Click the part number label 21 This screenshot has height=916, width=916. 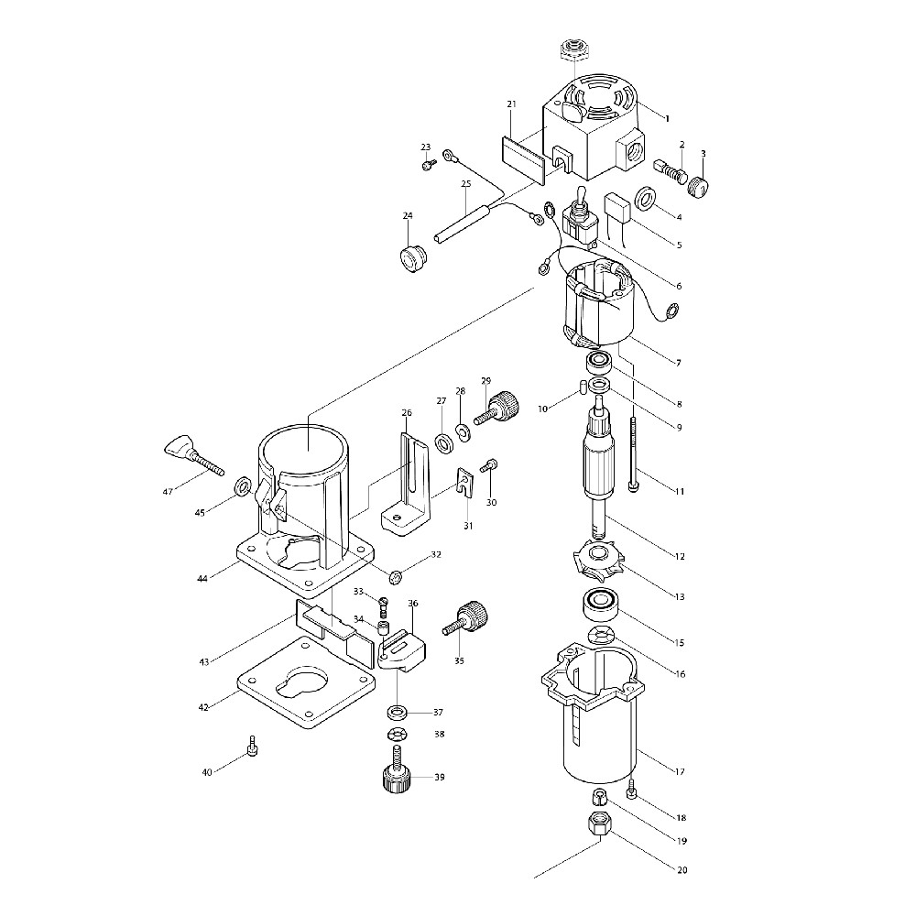pos(512,104)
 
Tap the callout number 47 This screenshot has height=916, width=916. pos(169,492)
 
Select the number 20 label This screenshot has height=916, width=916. pos(682,870)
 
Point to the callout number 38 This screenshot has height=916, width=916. pos(440,735)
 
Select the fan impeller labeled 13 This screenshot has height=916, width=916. pos(596,560)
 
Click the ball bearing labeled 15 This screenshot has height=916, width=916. pos(601,604)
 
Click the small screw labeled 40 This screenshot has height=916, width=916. pos(253,746)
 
